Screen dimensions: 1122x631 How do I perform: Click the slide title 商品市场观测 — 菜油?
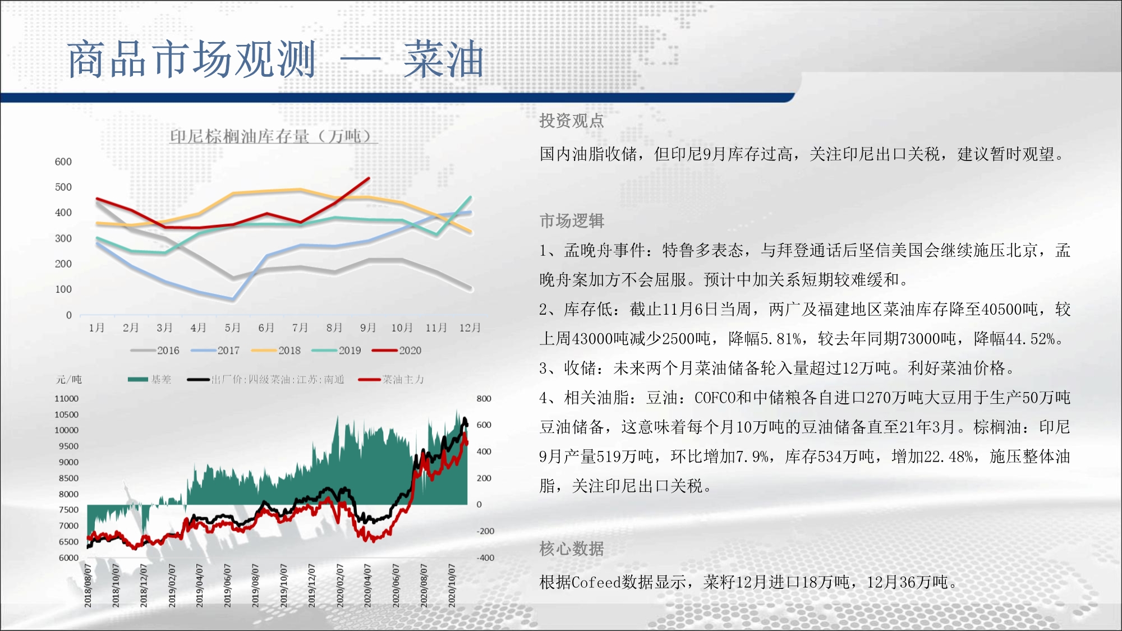coord(275,59)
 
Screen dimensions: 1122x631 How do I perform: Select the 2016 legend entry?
coord(155,351)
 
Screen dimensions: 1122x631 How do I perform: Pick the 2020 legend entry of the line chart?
coord(397,351)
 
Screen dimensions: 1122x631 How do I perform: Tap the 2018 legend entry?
coord(276,351)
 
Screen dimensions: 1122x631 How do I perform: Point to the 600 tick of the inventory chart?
coord(63,162)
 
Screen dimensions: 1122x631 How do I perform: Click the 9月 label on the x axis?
coord(368,328)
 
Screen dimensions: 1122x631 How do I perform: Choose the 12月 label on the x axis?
coord(470,328)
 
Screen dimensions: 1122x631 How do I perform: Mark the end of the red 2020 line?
coord(369,178)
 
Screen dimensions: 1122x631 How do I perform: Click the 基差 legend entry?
coord(150,380)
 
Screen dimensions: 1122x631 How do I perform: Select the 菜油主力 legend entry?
coord(391,380)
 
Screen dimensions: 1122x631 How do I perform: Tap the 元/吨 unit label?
coord(69,380)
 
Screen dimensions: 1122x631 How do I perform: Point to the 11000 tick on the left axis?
coord(67,398)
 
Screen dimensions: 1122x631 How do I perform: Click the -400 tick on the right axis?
coord(486,558)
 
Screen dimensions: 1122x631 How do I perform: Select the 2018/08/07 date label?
coord(88,586)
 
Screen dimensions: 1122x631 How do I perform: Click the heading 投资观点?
coord(572,121)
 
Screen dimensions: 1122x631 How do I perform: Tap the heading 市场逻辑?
coord(572,221)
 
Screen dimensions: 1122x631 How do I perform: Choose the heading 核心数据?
coord(572,549)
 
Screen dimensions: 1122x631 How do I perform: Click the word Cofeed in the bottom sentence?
coord(596,582)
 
